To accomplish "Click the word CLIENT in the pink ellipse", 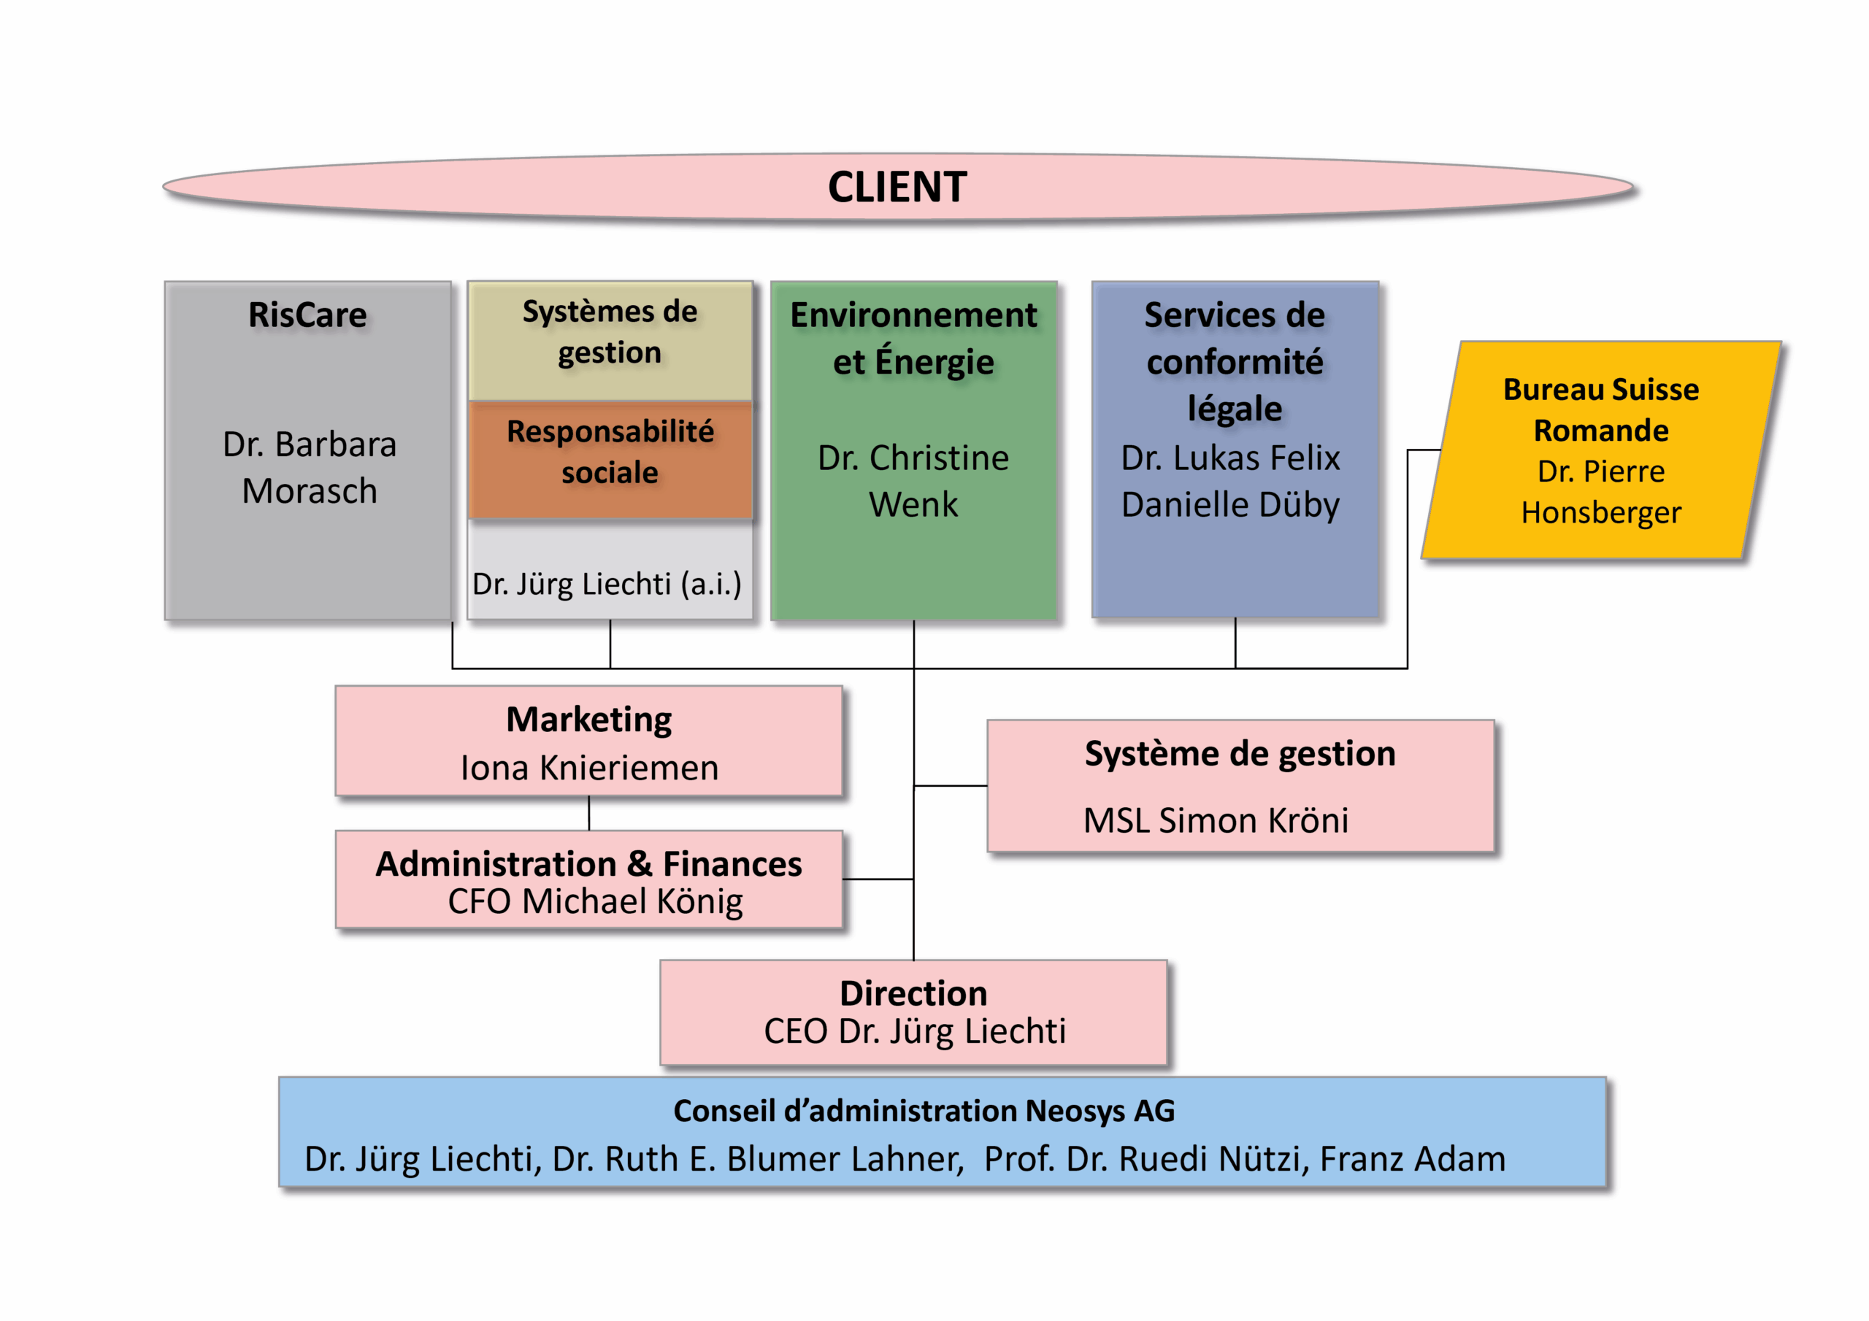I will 897,188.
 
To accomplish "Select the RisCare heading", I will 307,315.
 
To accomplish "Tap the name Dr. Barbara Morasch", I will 310,467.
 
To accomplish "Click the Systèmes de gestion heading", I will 610,332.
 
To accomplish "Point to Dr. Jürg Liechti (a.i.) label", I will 607,584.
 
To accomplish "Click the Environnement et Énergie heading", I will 913,338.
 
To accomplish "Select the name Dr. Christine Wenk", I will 913,481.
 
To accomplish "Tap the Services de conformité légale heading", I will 1234,361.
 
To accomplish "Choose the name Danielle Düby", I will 1230,504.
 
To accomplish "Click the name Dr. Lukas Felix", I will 1230,458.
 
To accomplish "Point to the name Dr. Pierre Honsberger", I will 1600,492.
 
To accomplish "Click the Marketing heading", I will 588,720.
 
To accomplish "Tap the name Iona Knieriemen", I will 589,768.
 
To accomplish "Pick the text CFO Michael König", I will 595,901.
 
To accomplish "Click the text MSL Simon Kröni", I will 1216,820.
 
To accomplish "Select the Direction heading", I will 913,993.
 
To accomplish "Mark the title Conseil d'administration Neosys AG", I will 924,1111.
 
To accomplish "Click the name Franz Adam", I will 1412,1159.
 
